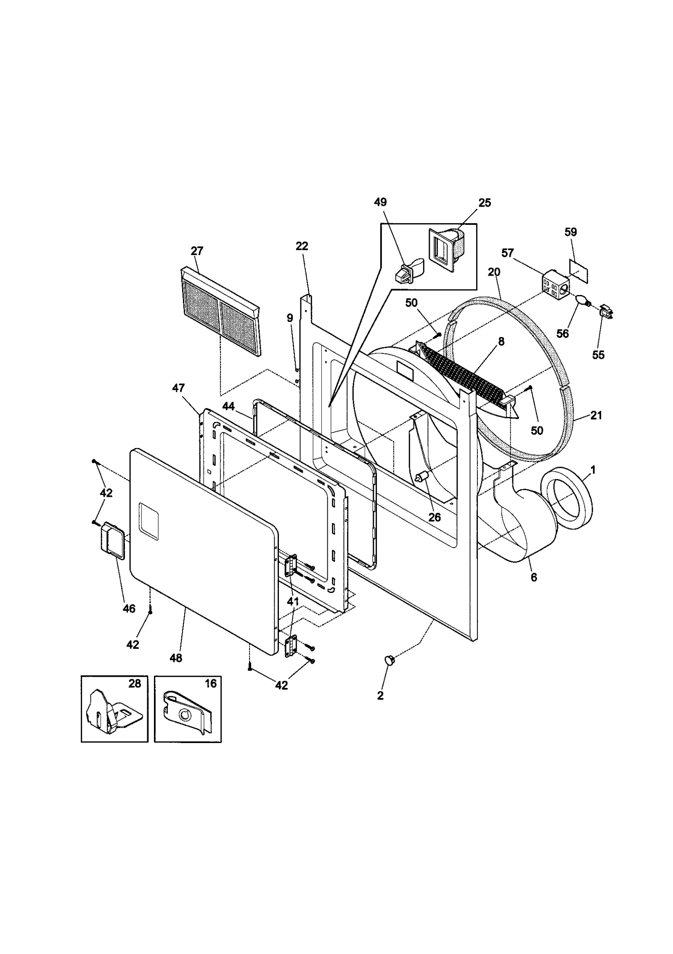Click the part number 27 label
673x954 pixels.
[x=196, y=251]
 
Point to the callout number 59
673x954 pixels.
[x=570, y=232]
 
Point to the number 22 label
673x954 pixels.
[x=302, y=246]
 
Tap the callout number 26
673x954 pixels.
[x=434, y=517]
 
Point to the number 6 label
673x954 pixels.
[x=533, y=577]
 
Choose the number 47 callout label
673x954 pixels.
[x=178, y=387]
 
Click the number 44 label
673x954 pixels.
[x=228, y=406]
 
